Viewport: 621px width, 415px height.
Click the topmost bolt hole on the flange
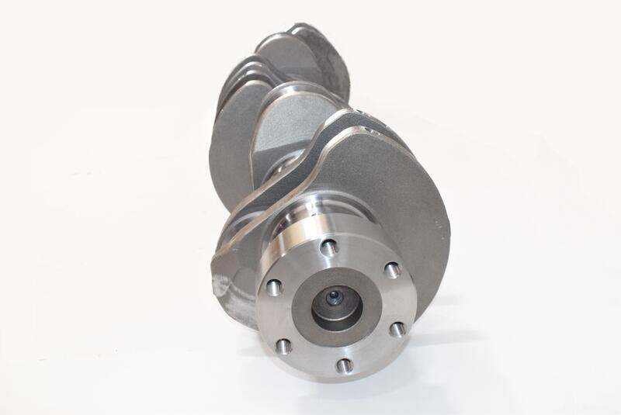[x=328, y=248]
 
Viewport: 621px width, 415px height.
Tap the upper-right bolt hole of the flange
[x=392, y=270]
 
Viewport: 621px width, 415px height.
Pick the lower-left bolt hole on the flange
[x=284, y=346]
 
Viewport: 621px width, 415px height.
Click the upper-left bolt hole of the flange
[x=272, y=288]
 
